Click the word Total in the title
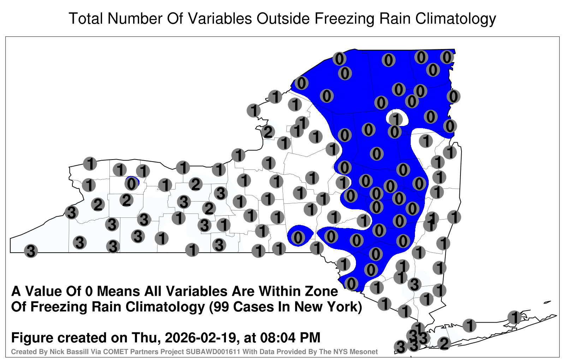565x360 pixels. (x=86, y=19)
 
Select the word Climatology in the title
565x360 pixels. (x=456, y=19)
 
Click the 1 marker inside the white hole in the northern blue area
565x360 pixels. (x=396, y=119)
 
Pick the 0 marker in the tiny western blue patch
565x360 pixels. (x=131, y=184)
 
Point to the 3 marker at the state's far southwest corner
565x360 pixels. (x=31, y=251)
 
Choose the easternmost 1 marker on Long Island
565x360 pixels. (x=514, y=317)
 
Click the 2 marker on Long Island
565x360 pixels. (x=444, y=343)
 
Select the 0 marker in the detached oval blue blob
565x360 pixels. (x=298, y=238)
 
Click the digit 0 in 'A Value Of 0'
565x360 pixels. (x=90, y=292)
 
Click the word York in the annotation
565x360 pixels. (x=343, y=307)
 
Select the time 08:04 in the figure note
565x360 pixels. (x=278, y=338)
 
